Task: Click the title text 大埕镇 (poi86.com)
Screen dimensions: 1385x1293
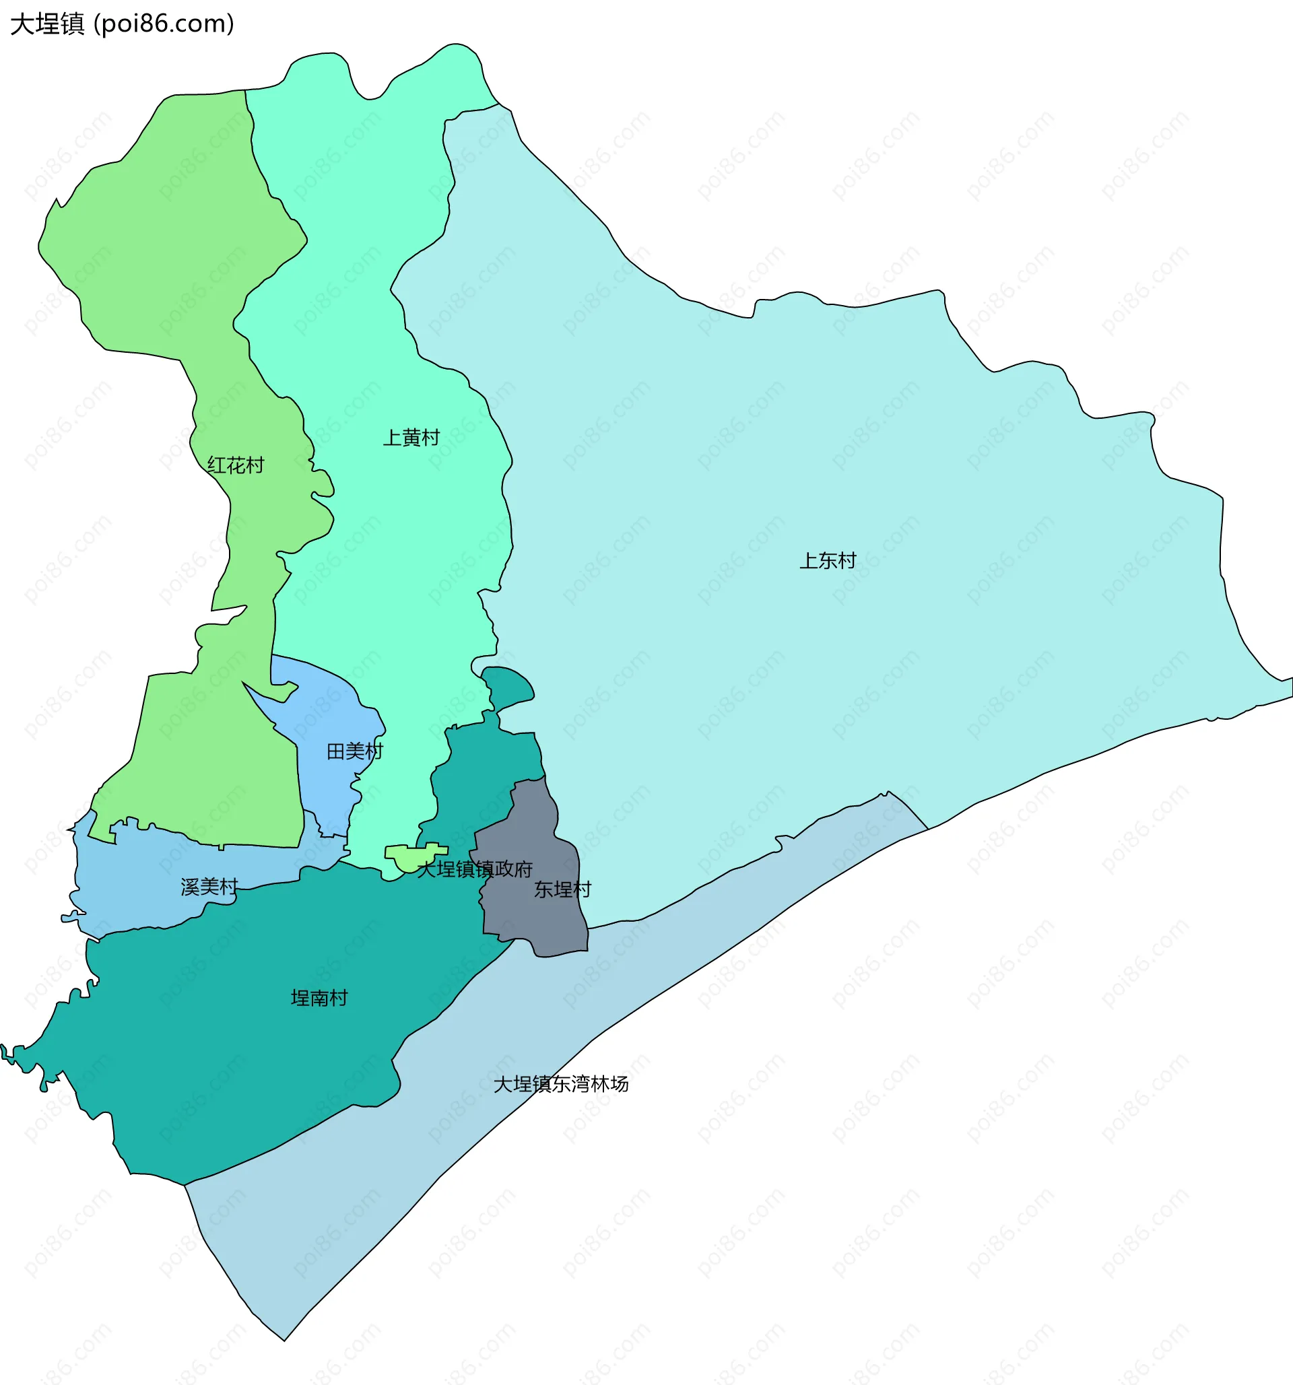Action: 122,24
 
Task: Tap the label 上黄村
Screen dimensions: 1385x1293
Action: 411,438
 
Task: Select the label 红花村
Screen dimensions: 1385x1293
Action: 236,465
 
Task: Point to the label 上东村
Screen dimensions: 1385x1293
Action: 827,560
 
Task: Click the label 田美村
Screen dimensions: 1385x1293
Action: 355,751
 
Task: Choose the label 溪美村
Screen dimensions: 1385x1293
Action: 209,887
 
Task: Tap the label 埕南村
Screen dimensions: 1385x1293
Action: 319,999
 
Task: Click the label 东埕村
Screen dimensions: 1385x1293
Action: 562,889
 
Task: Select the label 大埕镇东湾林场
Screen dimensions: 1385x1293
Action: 561,1084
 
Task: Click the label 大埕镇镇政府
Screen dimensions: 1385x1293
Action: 474,869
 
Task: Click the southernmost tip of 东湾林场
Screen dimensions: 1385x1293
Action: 284,1339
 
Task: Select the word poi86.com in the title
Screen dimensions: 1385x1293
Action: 164,24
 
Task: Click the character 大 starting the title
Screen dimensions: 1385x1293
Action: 22,24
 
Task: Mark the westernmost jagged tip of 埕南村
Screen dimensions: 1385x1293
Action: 3,1048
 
